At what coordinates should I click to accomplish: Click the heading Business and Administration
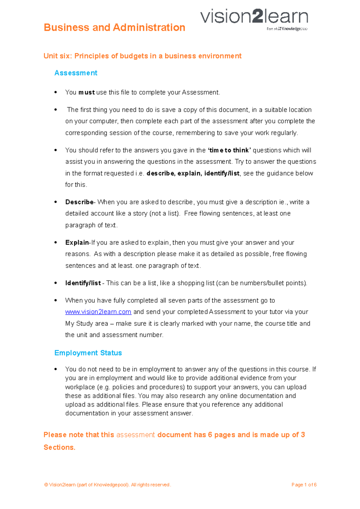[114, 28]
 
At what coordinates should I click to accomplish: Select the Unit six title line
[142, 56]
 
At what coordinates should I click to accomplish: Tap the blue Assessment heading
[76, 73]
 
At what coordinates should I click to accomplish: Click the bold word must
[86, 92]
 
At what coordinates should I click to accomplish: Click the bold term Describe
[79, 202]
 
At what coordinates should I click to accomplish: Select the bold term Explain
[77, 243]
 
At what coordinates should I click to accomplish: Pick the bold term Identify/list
[83, 283]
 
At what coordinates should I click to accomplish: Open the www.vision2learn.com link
[98, 312]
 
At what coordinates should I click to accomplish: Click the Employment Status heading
[88, 353]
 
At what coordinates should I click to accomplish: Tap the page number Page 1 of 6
[304, 485]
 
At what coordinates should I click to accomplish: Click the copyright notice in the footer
[107, 485]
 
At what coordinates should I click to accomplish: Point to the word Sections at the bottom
[59, 447]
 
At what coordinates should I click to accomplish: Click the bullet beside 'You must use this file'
[56, 92]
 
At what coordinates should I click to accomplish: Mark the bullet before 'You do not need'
[56, 369]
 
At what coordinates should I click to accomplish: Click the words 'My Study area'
[87, 323]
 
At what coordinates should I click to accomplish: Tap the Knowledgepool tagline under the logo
[287, 29]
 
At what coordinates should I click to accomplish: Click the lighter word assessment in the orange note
[136, 435]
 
